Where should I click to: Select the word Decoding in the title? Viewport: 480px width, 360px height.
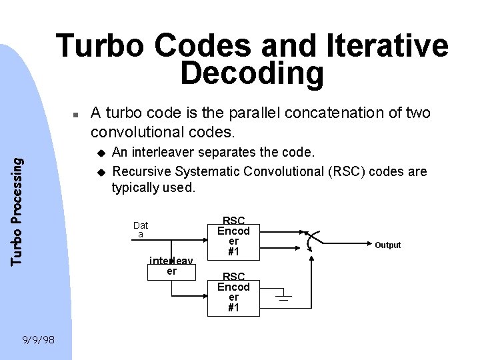point(252,74)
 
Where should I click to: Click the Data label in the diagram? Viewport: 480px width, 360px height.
point(141,230)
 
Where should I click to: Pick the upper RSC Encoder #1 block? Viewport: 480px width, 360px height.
point(234,237)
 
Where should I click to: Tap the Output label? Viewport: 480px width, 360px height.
point(387,245)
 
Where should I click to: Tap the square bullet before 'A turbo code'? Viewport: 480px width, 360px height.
point(77,115)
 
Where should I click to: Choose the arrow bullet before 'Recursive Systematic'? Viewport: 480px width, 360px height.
point(102,171)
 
